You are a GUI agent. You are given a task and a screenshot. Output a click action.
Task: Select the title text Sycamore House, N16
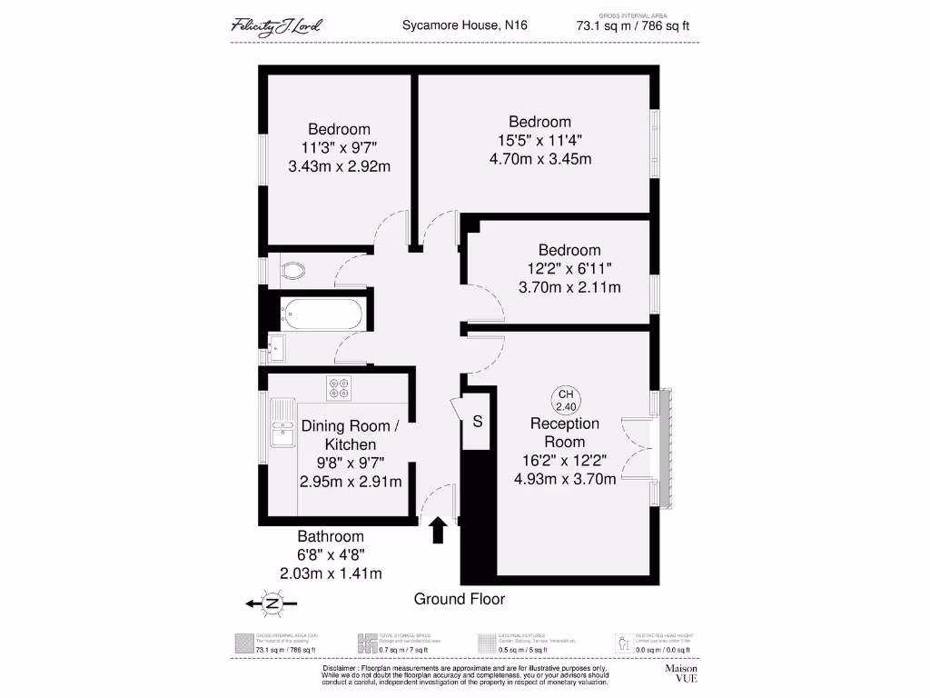coord(464,25)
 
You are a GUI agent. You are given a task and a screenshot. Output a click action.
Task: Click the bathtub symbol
coord(322,314)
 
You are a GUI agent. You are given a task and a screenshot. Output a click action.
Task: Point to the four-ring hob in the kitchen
coord(339,388)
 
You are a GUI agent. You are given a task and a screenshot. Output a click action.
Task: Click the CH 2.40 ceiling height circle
coord(566,400)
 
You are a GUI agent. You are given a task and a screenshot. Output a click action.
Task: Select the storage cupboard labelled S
coord(477,422)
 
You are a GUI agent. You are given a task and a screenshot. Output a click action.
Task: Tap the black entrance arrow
coord(438,530)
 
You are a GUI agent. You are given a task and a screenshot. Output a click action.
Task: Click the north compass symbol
coord(272,603)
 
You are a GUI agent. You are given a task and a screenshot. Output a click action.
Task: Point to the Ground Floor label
coord(459,599)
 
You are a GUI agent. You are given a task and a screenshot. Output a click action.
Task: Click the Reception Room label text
coord(565,433)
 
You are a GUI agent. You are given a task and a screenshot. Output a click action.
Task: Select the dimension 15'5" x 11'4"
coord(539,141)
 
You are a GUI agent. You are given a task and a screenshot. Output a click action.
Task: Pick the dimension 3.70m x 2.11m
coord(569,288)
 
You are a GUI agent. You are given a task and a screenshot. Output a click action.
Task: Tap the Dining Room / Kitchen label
coord(351,435)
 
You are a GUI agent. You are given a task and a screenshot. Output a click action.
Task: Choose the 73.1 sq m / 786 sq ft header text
coord(632,26)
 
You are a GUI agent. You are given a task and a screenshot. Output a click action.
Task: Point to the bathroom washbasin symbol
coord(277,347)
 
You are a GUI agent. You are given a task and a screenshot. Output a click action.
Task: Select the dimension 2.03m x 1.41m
coord(331,573)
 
